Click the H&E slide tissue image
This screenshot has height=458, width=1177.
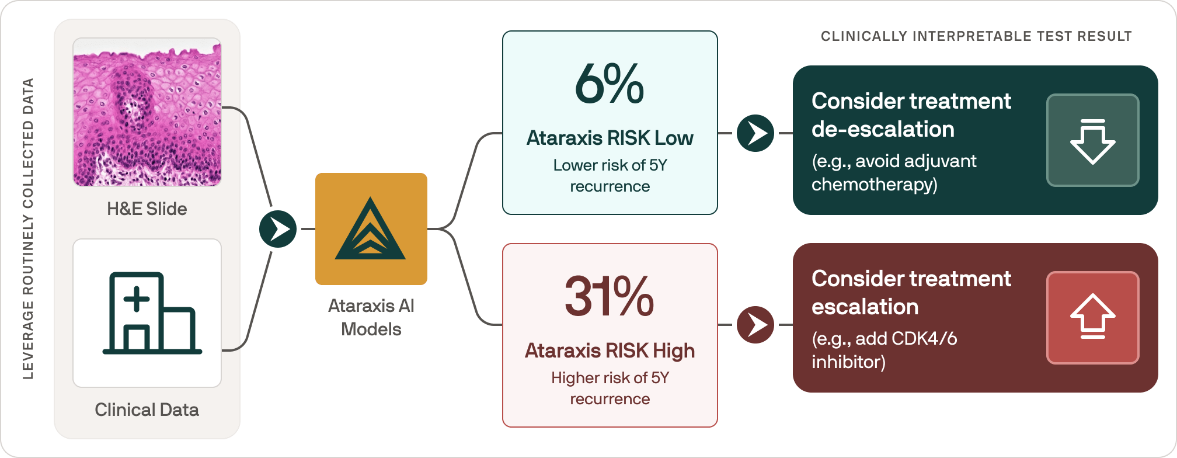click(147, 112)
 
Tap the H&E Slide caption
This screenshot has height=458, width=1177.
click(147, 209)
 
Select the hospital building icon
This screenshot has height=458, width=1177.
click(152, 313)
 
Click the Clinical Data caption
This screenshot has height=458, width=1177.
click(147, 410)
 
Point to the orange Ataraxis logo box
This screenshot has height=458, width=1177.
click(371, 229)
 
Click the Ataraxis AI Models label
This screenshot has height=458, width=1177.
click(371, 317)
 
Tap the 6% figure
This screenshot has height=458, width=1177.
click(610, 85)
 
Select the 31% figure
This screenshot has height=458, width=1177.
click(610, 297)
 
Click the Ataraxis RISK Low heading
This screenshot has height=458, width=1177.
click(610, 138)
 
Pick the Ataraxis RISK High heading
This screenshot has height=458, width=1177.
click(610, 351)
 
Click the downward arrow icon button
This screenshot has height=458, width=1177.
click(1092, 140)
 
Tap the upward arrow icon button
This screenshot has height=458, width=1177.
click(1092, 318)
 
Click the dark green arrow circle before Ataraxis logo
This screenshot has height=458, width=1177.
click(278, 229)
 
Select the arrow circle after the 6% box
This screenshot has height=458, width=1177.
click(755, 133)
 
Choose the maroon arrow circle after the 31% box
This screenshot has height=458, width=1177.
click(755, 325)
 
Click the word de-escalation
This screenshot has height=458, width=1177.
click(883, 130)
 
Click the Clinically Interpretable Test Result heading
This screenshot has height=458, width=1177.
click(976, 37)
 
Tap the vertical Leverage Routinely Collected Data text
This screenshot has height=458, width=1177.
click(28, 229)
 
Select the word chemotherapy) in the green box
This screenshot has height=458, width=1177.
click(875, 185)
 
